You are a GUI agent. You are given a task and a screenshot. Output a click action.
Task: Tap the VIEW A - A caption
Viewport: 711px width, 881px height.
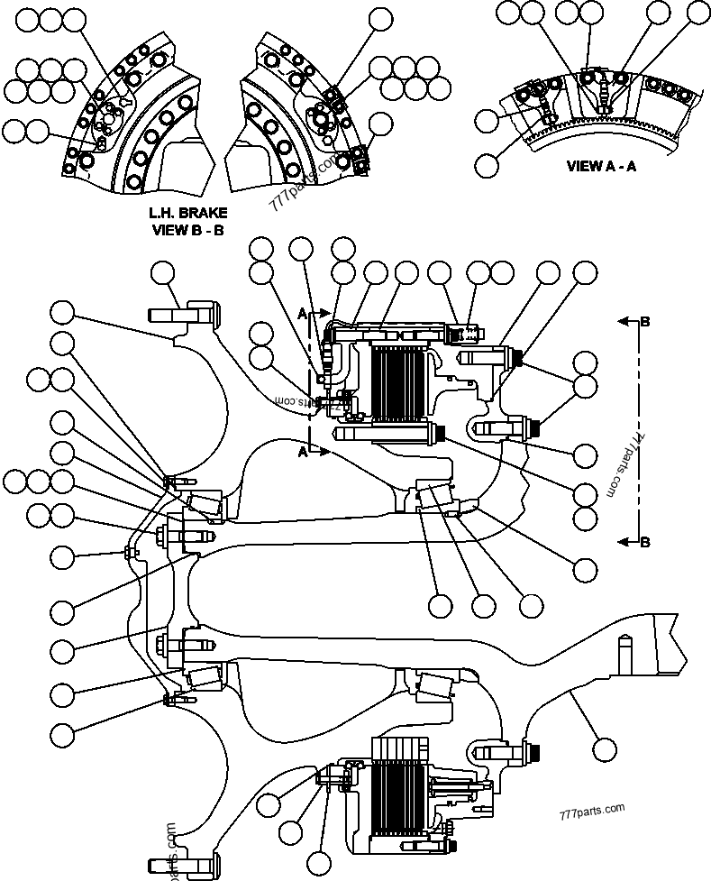pyautogui.click(x=601, y=166)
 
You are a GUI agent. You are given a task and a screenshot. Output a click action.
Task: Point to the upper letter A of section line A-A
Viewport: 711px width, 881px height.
pyautogui.click(x=302, y=312)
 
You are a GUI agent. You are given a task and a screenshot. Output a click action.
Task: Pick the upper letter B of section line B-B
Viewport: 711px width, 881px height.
pyautogui.click(x=645, y=320)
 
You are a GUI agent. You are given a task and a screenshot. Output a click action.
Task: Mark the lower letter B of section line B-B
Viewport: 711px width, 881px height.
pyautogui.click(x=645, y=542)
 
